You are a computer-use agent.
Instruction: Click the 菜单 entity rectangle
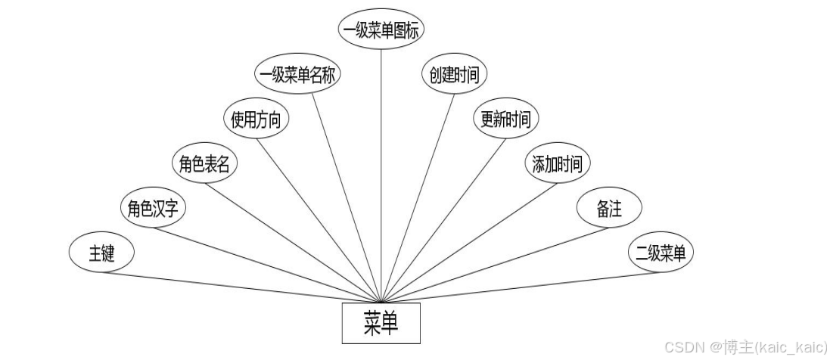(x=381, y=324)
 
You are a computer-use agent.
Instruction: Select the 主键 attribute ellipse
(x=101, y=253)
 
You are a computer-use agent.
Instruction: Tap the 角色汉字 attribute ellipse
(x=152, y=209)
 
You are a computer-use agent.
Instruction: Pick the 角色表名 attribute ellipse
(x=204, y=165)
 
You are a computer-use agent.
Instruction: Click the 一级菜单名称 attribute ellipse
(x=300, y=75)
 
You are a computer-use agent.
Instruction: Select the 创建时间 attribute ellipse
(x=454, y=75)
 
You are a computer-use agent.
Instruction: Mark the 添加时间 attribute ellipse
(x=558, y=164)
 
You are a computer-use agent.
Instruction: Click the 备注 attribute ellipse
(x=609, y=209)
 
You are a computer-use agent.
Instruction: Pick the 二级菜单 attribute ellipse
(x=661, y=253)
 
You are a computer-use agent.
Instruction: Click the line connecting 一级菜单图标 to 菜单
(x=381, y=174)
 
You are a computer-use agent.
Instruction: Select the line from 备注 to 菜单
(x=492, y=264)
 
